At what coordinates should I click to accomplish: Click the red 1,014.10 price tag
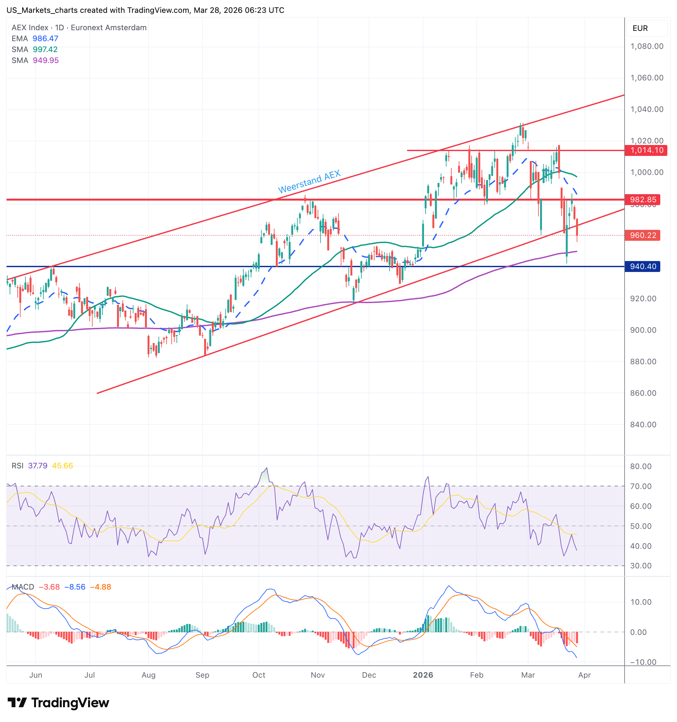646,150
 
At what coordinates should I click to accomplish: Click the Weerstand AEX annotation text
309,181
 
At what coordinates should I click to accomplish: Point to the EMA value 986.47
45,39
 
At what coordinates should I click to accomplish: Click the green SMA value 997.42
45,50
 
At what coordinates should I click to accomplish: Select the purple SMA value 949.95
46,60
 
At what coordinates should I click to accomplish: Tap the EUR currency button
640,28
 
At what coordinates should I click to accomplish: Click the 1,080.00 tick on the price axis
647,46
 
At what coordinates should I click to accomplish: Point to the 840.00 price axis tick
643,425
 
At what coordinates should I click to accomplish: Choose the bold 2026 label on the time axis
423,675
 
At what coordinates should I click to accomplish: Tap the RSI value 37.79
38,465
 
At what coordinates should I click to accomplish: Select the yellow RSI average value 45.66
62,465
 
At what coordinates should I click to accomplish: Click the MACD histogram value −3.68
49,587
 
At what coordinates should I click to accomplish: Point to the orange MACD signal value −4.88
101,587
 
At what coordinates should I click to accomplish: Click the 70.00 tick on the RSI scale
641,486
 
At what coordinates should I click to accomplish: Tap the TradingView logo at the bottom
58,702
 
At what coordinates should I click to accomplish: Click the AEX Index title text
30,28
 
